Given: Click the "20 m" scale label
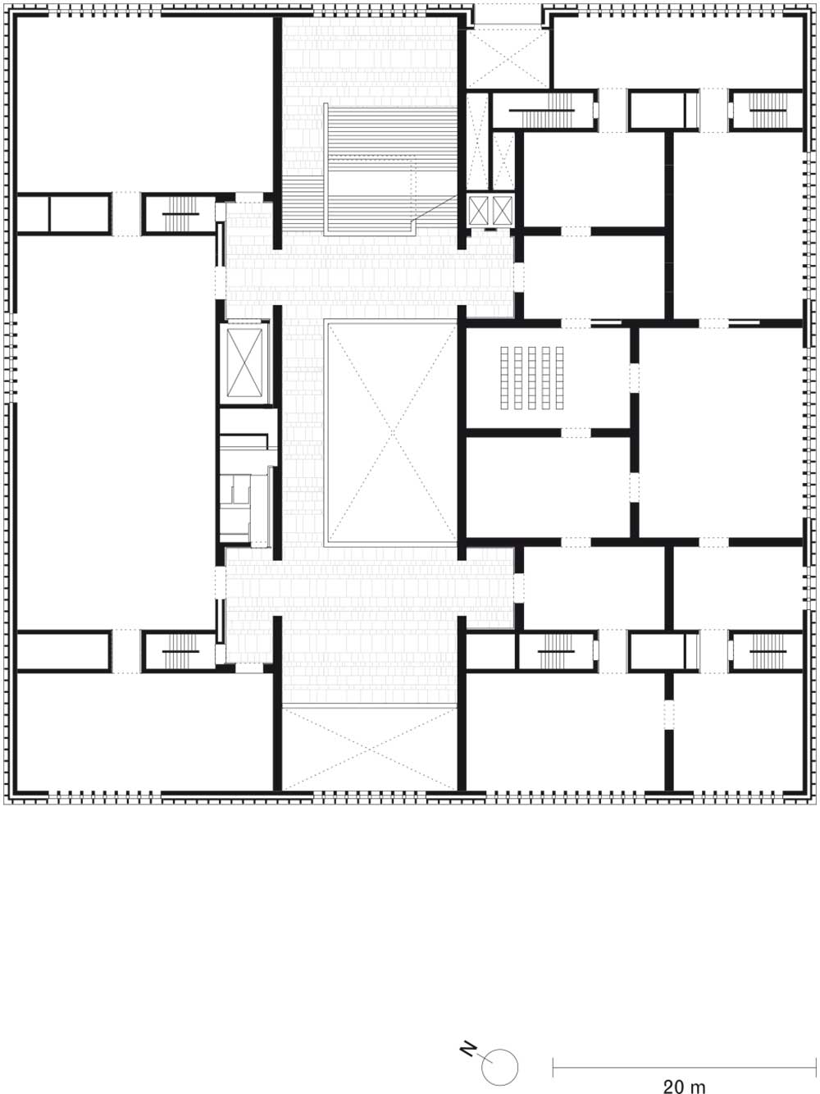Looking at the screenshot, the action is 684,1083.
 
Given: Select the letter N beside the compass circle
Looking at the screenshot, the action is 467,1046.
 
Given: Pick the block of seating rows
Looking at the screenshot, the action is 532,378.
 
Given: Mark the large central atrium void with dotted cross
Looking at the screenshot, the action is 391,433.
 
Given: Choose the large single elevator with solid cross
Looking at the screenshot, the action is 244,362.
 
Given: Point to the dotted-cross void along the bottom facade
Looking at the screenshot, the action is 370,749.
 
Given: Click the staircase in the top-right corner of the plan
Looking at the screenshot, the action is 768,109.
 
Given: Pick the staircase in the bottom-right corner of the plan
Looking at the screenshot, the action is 768,651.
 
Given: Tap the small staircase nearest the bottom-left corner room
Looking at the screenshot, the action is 180,651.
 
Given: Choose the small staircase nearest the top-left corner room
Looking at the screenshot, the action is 180,214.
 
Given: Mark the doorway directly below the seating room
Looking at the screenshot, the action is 576,433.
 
